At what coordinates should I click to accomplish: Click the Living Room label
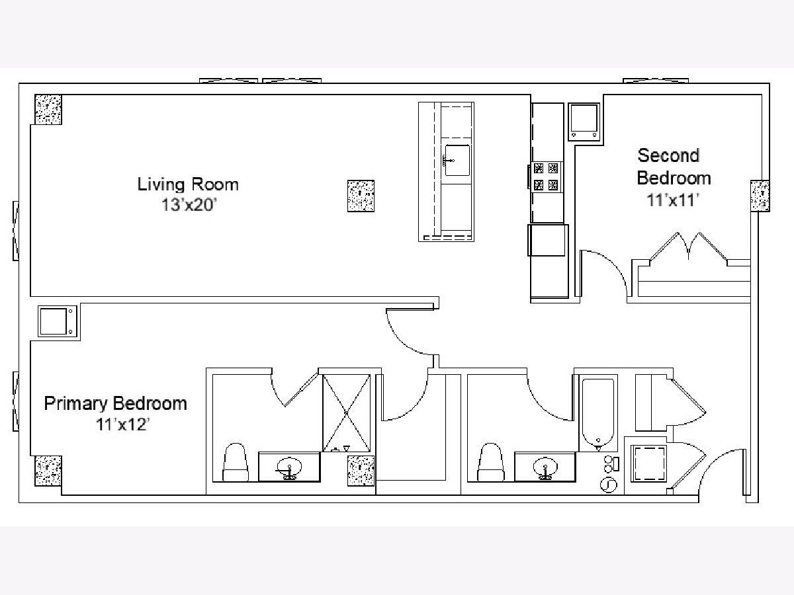click(x=188, y=184)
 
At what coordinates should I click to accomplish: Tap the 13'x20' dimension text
click(x=189, y=205)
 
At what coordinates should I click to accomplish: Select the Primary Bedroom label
click(x=115, y=404)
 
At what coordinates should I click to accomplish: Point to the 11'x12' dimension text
click(x=122, y=424)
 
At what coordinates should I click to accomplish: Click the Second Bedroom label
click(x=674, y=167)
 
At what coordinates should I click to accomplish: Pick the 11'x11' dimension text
click(x=673, y=200)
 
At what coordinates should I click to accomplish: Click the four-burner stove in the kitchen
click(x=547, y=177)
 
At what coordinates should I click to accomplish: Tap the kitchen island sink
click(x=457, y=160)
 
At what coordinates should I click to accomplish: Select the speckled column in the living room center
click(x=361, y=196)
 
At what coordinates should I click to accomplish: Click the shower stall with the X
click(x=346, y=413)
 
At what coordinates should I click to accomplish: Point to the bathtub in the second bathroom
click(x=598, y=413)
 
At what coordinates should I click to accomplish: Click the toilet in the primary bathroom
click(x=236, y=462)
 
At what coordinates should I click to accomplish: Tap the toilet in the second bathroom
click(x=491, y=462)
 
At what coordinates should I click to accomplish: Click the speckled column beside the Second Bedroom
click(x=760, y=196)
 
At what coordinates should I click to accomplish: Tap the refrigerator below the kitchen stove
click(x=548, y=240)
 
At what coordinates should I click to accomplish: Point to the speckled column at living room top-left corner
click(x=48, y=110)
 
